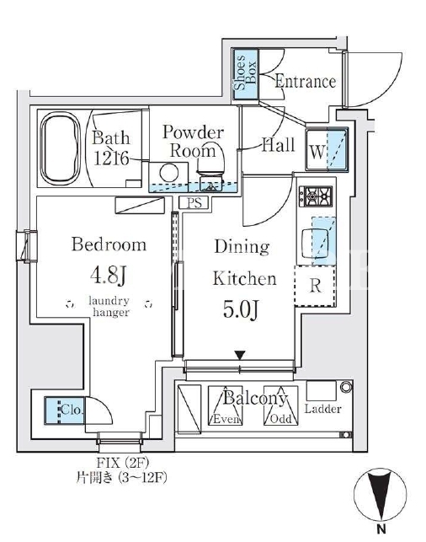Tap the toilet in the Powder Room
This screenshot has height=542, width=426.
[x=210, y=167]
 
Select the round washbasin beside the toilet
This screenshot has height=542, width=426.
[x=168, y=173]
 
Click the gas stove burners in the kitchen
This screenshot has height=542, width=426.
[x=316, y=196]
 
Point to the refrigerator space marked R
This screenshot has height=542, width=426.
[x=315, y=286]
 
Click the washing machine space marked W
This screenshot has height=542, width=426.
[x=327, y=149]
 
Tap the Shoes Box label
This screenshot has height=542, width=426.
[x=245, y=73]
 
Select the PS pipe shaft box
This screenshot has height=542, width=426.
[x=194, y=202]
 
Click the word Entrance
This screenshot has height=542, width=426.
[x=305, y=82]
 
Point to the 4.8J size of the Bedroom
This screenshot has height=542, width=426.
[x=108, y=276]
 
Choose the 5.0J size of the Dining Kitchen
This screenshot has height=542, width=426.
[x=241, y=309]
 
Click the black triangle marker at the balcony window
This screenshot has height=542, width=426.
[x=240, y=355]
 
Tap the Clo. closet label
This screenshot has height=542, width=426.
[x=72, y=410]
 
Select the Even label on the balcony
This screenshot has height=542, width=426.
[x=226, y=419]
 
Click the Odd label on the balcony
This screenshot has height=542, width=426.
[x=280, y=419]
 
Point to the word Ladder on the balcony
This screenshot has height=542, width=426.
[x=322, y=409]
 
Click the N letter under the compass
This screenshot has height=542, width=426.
[x=381, y=529]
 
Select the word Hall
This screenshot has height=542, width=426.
[x=278, y=145]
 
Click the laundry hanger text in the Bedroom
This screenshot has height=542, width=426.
[x=109, y=306]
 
